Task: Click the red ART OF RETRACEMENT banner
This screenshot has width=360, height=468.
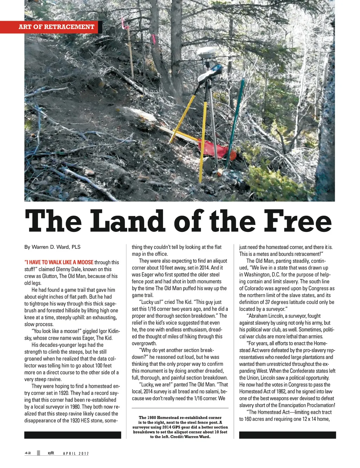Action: point(56,27)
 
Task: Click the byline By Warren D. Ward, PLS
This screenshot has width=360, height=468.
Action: point(52,247)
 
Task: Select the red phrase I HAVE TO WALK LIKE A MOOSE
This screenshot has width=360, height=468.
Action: point(59,263)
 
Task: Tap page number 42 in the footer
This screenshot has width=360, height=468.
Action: point(28,453)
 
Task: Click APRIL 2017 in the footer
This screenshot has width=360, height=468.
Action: point(76,454)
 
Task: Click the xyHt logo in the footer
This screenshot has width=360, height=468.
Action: point(51,453)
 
